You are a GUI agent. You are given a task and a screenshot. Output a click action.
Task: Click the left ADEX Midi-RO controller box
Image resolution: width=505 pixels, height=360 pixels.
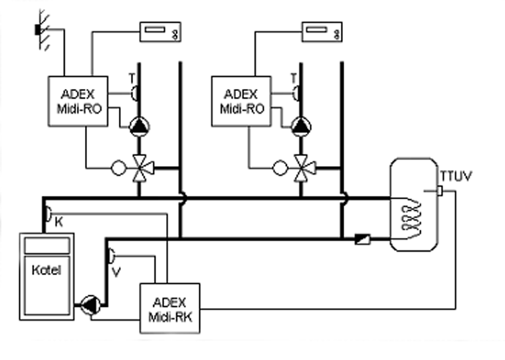[78, 100]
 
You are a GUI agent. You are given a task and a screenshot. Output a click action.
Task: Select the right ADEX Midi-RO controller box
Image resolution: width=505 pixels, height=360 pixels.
[241, 100]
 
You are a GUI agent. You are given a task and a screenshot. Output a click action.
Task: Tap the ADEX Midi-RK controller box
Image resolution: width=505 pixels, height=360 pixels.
[169, 308]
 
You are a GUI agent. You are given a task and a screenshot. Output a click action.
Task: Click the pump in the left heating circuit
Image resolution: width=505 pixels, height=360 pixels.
[139, 125]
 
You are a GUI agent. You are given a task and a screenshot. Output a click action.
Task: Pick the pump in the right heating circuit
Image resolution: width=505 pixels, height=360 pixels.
[302, 125]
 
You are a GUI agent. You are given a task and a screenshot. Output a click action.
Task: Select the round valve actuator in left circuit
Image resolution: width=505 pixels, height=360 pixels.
[118, 167]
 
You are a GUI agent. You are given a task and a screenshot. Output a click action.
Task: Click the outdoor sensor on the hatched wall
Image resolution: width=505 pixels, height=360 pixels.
[39, 29]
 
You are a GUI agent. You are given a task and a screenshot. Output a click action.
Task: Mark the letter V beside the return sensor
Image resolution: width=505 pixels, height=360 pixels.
[116, 271]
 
